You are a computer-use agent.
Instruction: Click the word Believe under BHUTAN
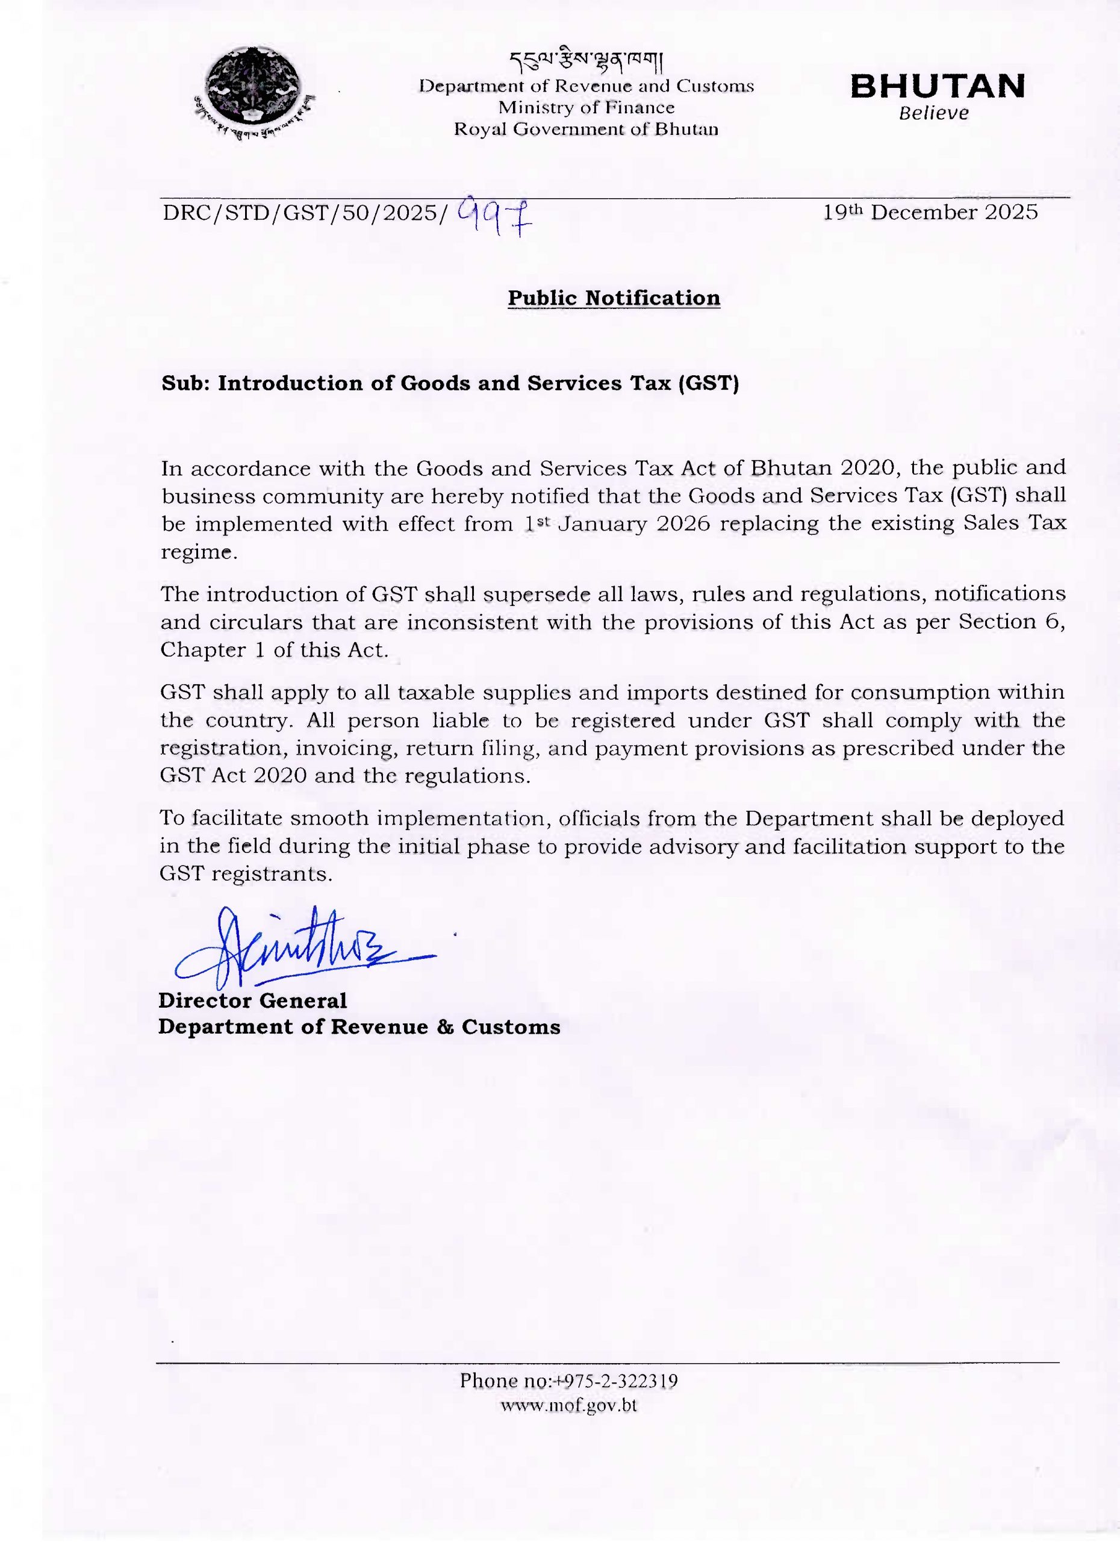[934, 114]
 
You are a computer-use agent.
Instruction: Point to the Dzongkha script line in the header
[586, 62]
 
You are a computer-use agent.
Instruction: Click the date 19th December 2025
[930, 212]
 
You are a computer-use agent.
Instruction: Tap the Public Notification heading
[614, 298]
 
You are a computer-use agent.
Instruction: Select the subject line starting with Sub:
[450, 384]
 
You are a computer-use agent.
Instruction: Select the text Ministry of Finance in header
[586, 107]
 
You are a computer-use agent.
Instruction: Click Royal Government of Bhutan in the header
[586, 129]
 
